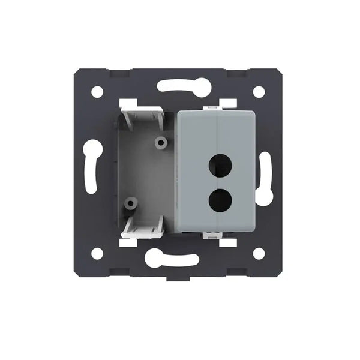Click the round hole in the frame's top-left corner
(97, 92)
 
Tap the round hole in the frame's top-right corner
(259, 92)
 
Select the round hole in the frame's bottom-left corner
(97, 253)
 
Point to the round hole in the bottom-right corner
(259, 253)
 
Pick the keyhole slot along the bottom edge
(172, 259)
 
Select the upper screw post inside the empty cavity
(160, 143)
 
